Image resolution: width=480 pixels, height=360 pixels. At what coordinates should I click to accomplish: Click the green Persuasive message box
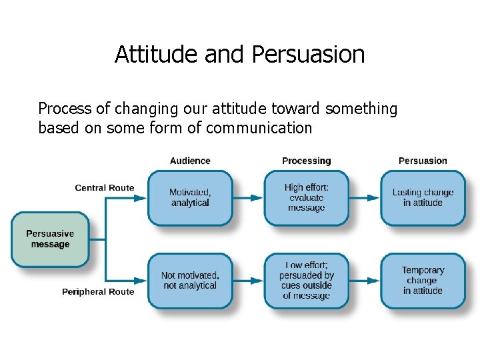[50, 239]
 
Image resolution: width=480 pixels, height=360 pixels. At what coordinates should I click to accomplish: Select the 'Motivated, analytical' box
[190, 198]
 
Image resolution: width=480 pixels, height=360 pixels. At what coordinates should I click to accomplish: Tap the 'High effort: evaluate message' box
[306, 198]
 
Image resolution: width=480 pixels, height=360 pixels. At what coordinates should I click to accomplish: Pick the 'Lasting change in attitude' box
[423, 198]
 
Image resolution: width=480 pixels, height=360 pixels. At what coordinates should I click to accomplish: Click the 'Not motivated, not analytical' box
[190, 281]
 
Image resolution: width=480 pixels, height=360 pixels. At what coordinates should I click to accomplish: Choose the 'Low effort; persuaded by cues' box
[306, 281]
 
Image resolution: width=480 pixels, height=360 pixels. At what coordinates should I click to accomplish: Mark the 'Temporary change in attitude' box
[423, 281]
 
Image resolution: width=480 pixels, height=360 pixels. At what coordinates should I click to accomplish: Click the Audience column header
[190, 161]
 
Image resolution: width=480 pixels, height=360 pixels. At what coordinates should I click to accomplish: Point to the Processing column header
[306, 161]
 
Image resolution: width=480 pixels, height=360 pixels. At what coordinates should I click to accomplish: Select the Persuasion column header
[423, 161]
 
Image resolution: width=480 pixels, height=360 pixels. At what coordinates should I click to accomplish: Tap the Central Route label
[105, 188]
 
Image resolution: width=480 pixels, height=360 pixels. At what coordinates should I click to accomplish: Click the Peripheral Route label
[98, 292]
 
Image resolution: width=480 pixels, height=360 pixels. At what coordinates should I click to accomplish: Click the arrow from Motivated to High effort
[248, 198]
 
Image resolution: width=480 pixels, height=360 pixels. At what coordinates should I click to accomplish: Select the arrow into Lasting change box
[365, 198]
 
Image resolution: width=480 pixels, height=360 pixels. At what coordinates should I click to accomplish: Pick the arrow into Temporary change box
[365, 281]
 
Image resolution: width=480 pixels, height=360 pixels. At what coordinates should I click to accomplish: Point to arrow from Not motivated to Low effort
[248, 281]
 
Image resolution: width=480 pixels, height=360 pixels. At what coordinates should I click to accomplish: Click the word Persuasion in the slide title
[309, 54]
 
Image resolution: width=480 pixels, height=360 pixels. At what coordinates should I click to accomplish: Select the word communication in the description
[259, 127]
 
